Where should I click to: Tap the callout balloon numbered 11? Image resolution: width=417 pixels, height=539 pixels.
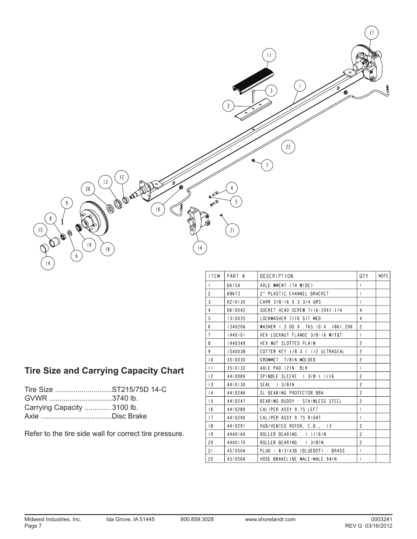coord(269,55)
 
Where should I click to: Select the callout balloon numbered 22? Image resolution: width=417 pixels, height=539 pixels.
coord(288,147)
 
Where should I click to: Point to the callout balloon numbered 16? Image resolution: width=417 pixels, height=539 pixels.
coord(200,247)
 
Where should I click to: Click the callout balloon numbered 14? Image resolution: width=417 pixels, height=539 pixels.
coord(48,263)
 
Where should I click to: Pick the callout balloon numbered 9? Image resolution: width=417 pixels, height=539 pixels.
coord(67,203)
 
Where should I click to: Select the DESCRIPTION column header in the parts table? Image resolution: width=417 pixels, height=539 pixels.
coord(277,276)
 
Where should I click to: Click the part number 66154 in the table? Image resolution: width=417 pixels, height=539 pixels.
coord(233,285)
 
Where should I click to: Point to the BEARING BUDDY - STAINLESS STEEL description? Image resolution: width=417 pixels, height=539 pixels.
coord(301,401)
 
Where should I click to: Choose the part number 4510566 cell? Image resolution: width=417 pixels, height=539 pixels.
coord(236,459)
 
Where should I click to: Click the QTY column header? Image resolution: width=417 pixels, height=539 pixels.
coord(364,276)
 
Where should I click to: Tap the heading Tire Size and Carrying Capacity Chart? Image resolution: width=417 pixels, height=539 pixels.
coord(104,371)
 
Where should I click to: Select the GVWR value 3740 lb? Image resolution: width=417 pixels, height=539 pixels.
coord(125,398)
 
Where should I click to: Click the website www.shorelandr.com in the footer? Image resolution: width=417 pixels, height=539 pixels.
coord(270,519)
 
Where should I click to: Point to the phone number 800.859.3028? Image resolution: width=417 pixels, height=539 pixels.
coord(197,519)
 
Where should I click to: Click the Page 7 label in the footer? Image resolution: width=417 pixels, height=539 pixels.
coord(33,526)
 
